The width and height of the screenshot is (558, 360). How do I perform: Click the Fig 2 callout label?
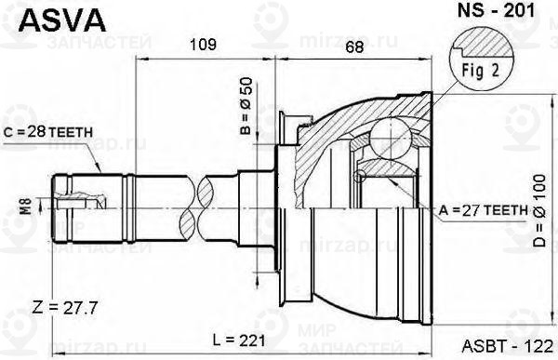pyautogui.click(x=479, y=70)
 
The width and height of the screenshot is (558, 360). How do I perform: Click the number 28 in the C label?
pyautogui.click(x=37, y=132)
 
